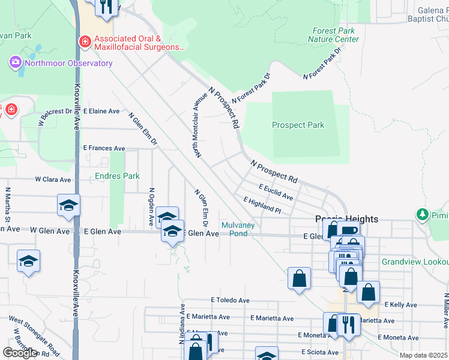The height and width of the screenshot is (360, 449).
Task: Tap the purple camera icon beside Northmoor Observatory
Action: (x=15, y=62)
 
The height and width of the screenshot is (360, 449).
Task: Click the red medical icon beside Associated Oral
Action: (x=85, y=42)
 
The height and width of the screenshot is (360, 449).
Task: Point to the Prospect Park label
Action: (x=298, y=125)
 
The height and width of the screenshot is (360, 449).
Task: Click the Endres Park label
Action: (x=118, y=176)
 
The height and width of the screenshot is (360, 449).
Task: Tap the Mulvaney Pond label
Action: (x=238, y=229)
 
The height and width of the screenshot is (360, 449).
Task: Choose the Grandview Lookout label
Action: (x=415, y=262)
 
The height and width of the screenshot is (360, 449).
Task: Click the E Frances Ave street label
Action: (x=104, y=148)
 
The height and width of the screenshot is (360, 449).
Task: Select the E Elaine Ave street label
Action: (x=102, y=112)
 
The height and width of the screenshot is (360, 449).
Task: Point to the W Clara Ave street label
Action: (x=54, y=179)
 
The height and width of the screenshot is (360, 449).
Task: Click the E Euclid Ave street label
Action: (x=276, y=192)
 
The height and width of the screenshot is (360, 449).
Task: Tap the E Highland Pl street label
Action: (x=262, y=205)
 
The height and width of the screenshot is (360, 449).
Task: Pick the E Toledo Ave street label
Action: (x=230, y=300)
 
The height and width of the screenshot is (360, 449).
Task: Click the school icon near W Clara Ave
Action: (x=68, y=205)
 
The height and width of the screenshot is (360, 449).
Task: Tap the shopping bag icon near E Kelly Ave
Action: (x=368, y=293)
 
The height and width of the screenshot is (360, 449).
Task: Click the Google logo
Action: (x=20, y=353)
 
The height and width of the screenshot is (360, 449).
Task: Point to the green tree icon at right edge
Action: (x=423, y=214)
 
